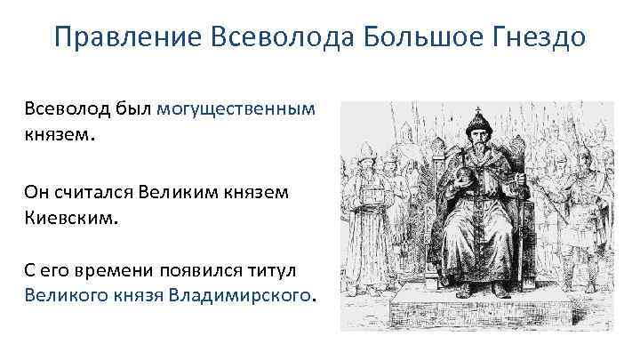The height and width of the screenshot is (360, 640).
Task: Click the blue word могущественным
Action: [x=236, y=108]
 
